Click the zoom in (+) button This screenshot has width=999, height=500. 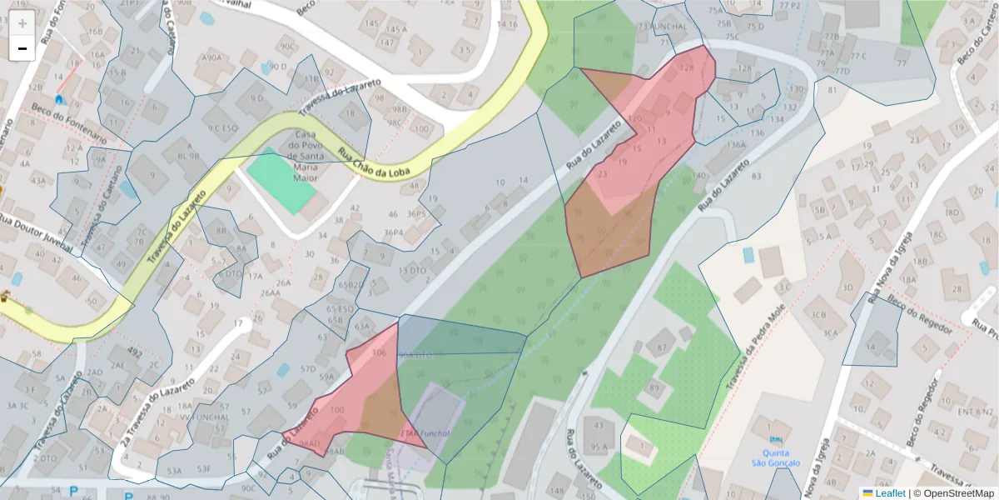click(22, 23)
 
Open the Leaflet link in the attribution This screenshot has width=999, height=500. click(890, 493)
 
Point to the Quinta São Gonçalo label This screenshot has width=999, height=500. click(776, 457)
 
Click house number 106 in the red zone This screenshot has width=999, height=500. click(380, 353)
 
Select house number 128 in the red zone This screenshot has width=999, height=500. click(687, 67)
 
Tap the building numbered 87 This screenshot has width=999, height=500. click(663, 346)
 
